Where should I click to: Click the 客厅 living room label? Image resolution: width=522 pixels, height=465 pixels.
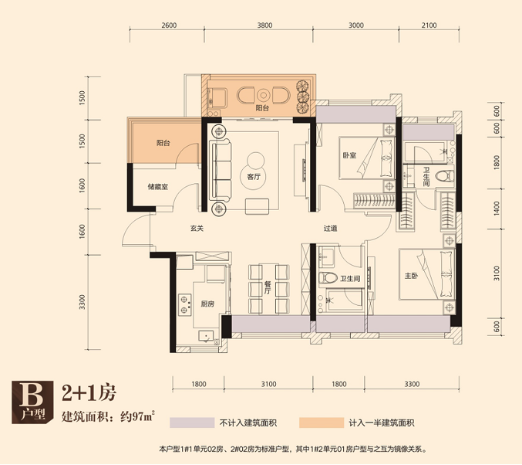pos(254,177)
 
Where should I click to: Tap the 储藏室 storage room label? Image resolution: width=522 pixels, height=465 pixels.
pos(158,187)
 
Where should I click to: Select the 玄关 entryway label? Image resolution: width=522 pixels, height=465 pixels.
pos(197,229)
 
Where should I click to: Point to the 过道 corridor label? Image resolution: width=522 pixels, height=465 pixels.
pos(330,229)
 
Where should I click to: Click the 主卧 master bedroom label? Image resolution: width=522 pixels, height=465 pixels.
pos(411,276)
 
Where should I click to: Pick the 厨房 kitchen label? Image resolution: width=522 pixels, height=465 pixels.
pos(207,304)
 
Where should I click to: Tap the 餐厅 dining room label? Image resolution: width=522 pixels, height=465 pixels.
pos(268,287)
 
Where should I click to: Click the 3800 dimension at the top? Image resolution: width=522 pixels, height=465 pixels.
pos(264,25)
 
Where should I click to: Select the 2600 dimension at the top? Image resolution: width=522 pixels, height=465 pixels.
pos(169,25)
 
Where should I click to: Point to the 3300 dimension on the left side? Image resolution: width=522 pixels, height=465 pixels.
pos(83,302)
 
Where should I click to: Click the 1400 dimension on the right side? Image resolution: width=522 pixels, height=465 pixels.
pos(497,208)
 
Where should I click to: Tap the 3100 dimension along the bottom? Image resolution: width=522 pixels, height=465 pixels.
pos(268,384)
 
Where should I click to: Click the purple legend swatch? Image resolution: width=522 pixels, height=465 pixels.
pos(192,423)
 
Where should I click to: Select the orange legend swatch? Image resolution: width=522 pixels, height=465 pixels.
pos(322,423)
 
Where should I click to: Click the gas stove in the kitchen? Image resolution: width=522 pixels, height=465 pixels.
pos(185,304)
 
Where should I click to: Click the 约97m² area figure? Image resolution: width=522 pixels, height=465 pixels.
pos(138,416)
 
